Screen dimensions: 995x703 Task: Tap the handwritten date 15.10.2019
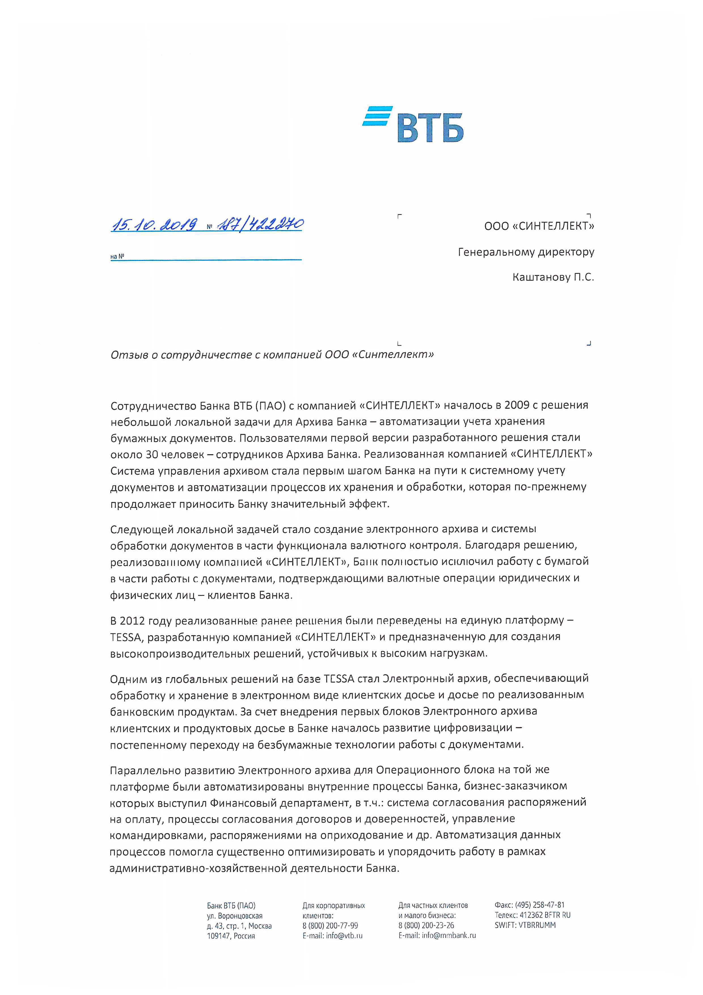pyautogui.click(x=154, y=224)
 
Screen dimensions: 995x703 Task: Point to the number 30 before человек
pyautogui.click(x=152, y=455)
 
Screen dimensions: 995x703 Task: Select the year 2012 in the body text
pyautogui.click(x=132, y=621)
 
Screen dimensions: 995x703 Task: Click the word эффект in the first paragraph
pyautogui.click(x=371, y=504)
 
